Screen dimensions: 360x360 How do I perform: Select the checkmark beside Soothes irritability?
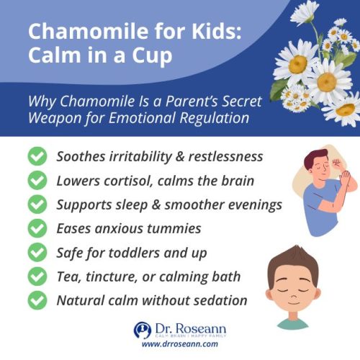[35, 156]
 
